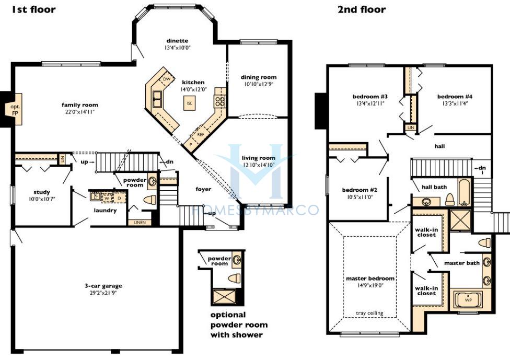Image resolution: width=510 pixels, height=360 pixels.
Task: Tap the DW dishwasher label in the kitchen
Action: (x=167, y=79)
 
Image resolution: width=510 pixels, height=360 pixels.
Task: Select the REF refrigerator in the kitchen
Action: (x=200, y=134)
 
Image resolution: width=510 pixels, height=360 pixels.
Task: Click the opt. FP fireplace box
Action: (x=15, y=109)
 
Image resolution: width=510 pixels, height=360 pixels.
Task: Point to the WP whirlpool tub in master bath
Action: (x=468, y=300)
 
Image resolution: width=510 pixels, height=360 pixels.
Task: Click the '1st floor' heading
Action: (x=33, y=9)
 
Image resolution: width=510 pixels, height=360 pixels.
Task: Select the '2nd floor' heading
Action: (x=362, y=9)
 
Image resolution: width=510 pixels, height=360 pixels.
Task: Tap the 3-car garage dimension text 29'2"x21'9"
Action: (x=103, y=293)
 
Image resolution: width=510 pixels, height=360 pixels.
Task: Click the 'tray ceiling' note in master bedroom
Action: (x=369, y=313)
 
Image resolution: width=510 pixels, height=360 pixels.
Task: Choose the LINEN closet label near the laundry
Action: (x=140, y=223)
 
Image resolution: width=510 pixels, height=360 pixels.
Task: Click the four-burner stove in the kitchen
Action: (x=219, y=101)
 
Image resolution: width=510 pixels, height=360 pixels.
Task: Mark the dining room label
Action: (x=259, y=77)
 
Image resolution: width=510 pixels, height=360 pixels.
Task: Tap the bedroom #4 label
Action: (x=455, y=97)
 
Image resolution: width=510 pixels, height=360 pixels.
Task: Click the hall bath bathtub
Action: (x=464, y=192)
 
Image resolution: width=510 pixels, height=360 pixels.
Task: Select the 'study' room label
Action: (x=42, y=192)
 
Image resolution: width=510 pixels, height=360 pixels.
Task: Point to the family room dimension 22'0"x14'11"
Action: (x=79, y=112)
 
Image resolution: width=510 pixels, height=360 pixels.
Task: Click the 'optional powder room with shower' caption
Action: (x=239, y=324)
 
